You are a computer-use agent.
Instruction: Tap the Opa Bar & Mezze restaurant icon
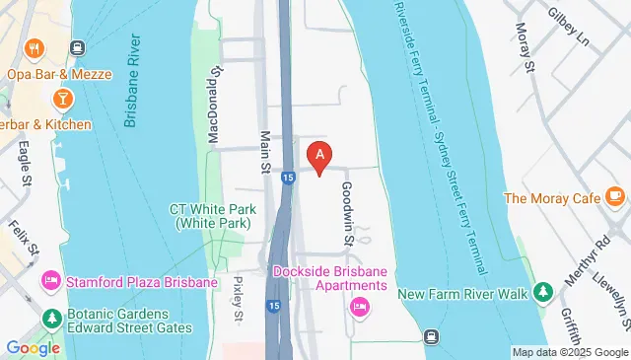[35, 48]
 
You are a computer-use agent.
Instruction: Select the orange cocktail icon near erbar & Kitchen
[62, 98]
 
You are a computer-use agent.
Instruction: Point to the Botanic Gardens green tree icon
[51, 318]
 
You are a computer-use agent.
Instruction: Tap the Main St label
[265, 153]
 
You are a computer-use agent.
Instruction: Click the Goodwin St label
[347, 211]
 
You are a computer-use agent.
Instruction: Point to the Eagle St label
[25, 162]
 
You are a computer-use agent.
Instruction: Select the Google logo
[33, 347]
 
